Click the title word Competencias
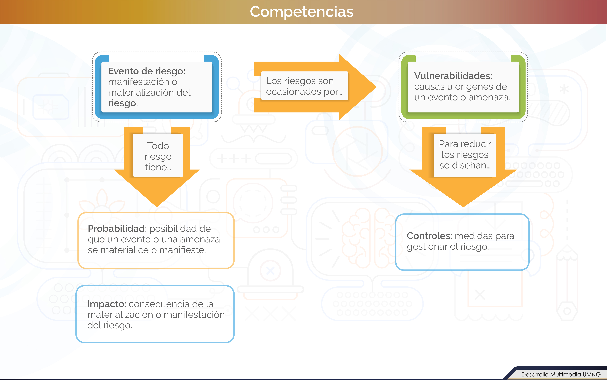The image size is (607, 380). (302, 12)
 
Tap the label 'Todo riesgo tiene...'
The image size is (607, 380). (158, 156)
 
